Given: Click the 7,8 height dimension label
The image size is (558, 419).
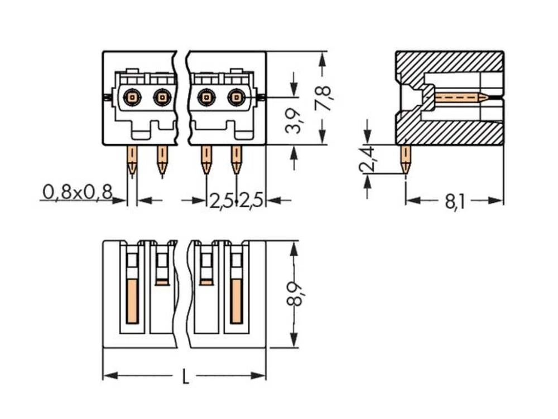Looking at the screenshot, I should pyautogui.click(x=324, y=98).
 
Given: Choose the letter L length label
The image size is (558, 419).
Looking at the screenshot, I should pyautogui.click(x=185, y=377).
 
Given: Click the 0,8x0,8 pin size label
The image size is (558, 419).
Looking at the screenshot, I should pyautogui.click(x=77, y=193).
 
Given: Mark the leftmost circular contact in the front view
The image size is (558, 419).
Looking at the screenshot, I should pyautogui.click(x=132, y=98).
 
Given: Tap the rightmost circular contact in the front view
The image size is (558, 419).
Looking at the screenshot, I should pyautogui.click(x=236, y=98).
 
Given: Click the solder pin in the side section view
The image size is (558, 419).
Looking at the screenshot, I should pyautogui.click(x=406, y=159).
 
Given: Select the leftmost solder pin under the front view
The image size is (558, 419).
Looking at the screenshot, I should pyautogui.click(x=132, y=160).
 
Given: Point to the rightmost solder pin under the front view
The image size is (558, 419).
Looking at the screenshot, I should pyautogui.click(x=237, y=160).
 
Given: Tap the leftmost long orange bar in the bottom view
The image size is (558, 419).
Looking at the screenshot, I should pyautogui.click(x=132, y=301).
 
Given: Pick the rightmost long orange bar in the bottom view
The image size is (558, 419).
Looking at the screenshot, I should pyautogui.click(x=236, y=301).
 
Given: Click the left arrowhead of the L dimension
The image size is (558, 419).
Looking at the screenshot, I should pyautogui.click(x=109, y=376).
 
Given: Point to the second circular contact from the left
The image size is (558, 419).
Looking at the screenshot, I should pyautogui.click(x=162, y=98).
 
